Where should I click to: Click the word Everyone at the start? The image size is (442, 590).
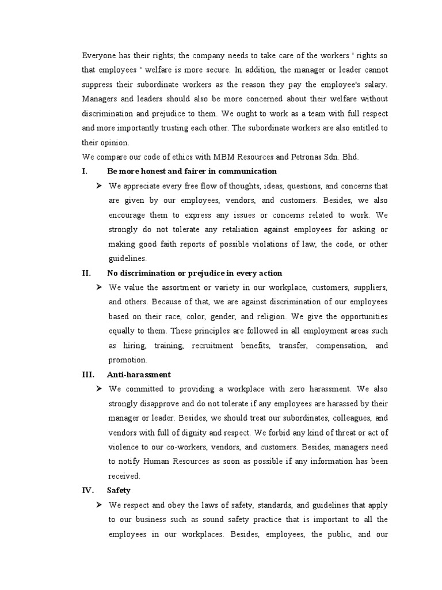click(100, 56)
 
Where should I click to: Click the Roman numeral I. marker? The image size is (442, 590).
click(85, 171)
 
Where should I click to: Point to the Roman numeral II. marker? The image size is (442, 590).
click(86, 273)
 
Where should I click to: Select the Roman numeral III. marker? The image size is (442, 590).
click(88, 374)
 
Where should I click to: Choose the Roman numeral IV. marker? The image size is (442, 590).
click(88, 490)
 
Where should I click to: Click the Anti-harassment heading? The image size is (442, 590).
click(139, 374)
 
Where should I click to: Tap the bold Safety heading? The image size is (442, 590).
click(119, 490)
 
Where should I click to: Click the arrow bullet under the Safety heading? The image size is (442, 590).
click(99, 505)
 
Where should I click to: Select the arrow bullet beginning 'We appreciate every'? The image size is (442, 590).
click(99, 186)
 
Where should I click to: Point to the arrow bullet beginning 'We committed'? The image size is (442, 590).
click(99, 389)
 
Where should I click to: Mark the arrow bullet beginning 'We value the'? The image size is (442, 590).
click(99, 288)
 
